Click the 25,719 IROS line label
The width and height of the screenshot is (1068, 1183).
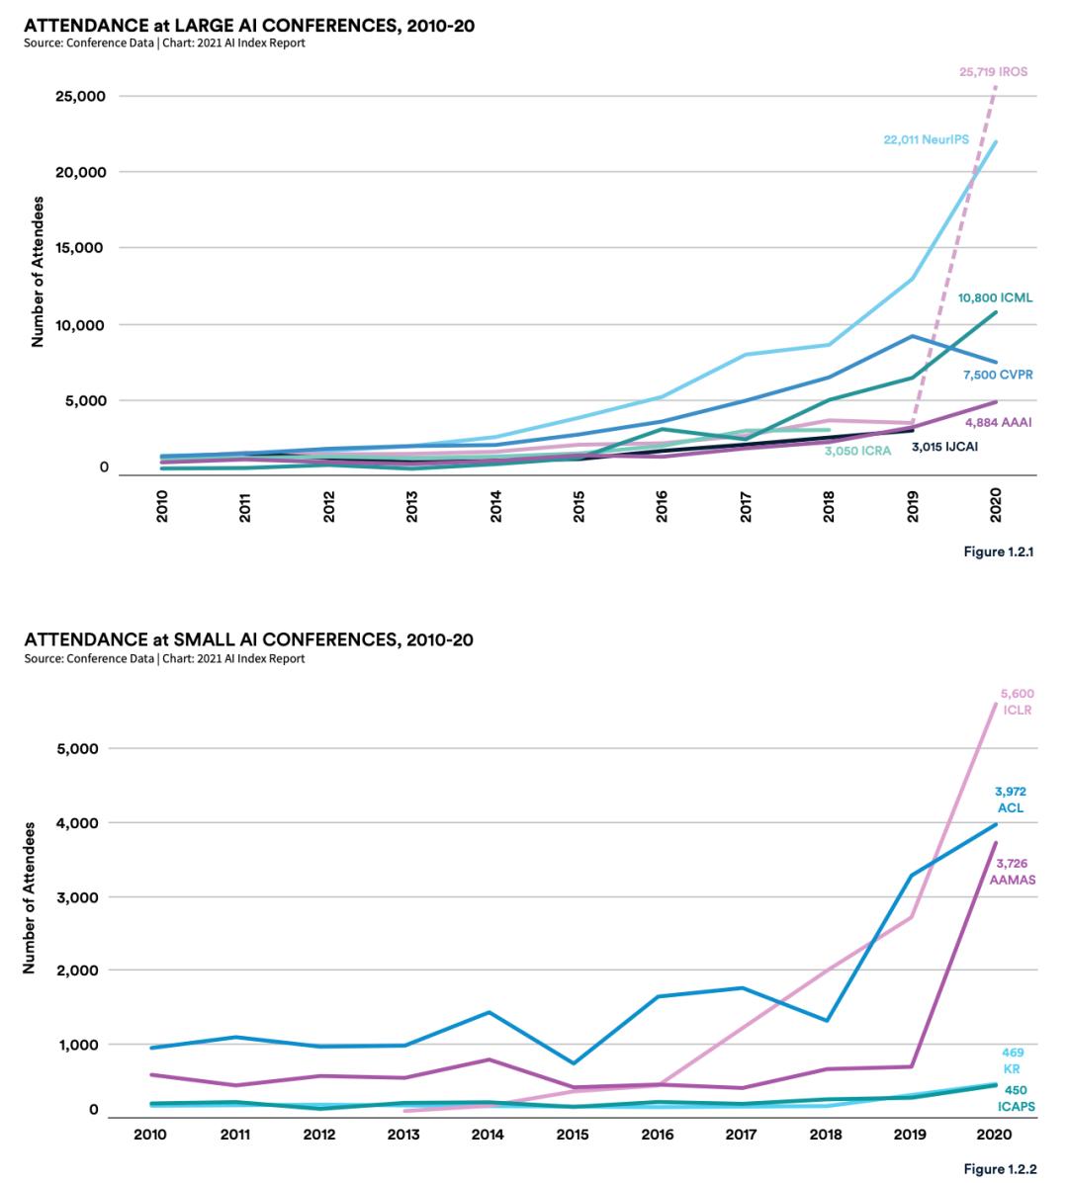pyautogui.click(x=993, y=71)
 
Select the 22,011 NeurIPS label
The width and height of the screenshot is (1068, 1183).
pyautogui.click(x=926, y=140)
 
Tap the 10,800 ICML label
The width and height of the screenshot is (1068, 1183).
pyautogui.click(x=995, y=297)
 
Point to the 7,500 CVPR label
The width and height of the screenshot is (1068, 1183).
pyautogui.click(x=998, y=376)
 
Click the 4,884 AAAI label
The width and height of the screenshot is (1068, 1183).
pyautogui.click(x=998, y=422)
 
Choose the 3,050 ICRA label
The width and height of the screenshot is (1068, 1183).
pyautogui.click(x=858, y=451)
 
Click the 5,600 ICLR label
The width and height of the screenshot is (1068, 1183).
pyautogui.click(x=1018, y=702)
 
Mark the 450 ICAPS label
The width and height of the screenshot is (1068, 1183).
pyautogui.click(x=1015, y=1098)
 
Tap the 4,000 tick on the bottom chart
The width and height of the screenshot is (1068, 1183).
pyautogui.click(x=77, y=822)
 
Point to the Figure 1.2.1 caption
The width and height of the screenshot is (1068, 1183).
pyautogui.click(x=999, y=551)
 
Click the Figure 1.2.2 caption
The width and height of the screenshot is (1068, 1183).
pyautogui.click(x=1000, y=1169)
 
